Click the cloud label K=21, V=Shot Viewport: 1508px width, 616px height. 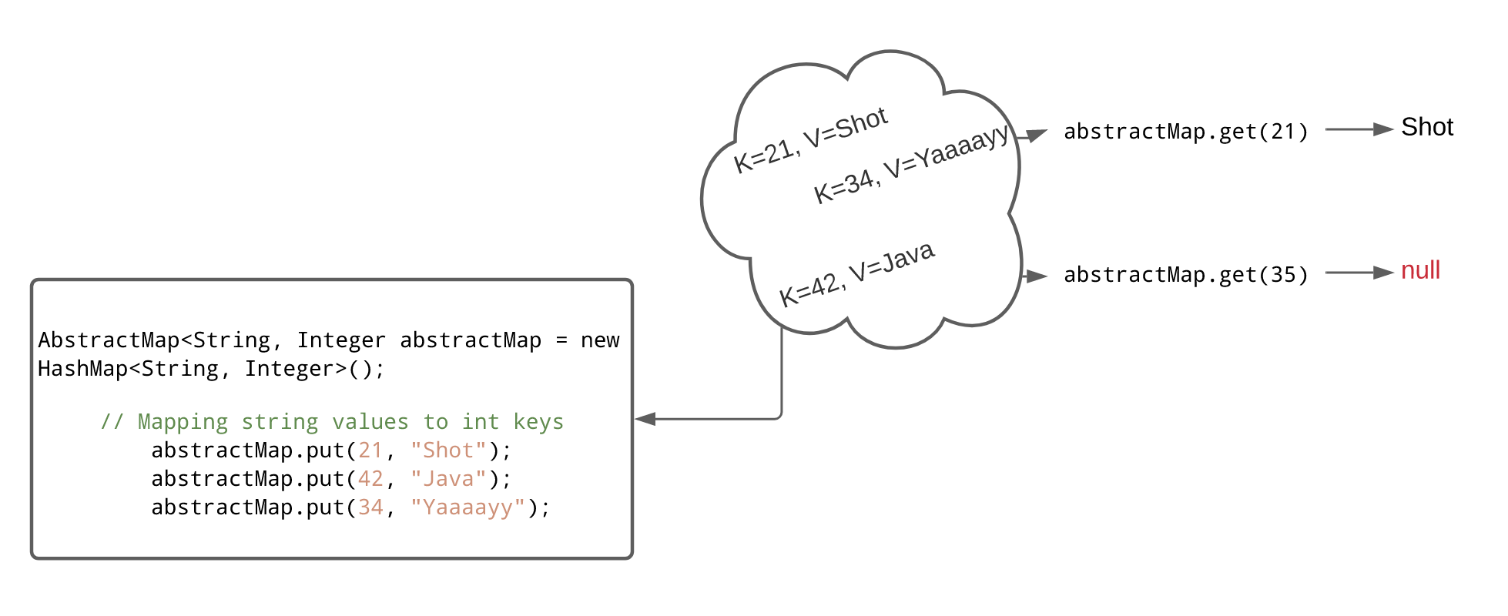click(810, 140)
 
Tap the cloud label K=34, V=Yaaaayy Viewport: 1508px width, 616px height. click(911, 163)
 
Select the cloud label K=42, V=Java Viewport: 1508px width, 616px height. click(856, 274)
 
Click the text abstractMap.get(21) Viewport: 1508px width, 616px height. click(1185, 132)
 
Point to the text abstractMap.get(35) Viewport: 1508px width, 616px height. click(1185, 275)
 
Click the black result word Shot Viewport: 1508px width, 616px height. click(1426, 127)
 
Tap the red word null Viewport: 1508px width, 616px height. click(1420, 270)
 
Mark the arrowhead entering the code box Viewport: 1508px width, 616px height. click(645, 419)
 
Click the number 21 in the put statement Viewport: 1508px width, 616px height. click(370, 450)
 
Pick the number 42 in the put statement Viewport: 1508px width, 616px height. click(370, 479)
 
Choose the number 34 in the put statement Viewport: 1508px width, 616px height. click(370, 507)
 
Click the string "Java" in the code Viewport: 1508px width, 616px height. click(448, 479)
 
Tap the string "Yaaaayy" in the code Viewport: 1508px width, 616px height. click(467, 507)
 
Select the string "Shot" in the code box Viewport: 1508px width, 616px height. click(448, 450)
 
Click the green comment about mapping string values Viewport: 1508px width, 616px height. click(332, 422)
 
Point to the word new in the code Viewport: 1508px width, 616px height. click(600, 340)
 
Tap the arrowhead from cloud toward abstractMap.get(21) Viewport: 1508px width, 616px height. click(1037, 136)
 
